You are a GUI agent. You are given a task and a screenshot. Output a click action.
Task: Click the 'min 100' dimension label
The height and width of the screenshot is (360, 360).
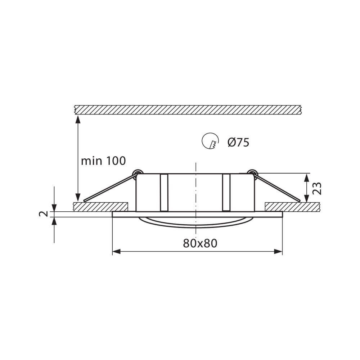pos(103,161)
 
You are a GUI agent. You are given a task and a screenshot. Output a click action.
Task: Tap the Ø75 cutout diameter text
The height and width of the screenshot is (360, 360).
pos(238,143)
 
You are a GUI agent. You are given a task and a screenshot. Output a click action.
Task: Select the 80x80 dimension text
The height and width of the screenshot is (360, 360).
pos(200,243)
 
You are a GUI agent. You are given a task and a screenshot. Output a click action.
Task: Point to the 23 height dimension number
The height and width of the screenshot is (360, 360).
pos(317,188)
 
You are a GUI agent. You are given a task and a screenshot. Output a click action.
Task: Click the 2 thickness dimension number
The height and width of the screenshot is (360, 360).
pos(44,214)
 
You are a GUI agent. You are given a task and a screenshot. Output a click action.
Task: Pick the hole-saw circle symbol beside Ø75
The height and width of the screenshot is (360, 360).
pos(210,141)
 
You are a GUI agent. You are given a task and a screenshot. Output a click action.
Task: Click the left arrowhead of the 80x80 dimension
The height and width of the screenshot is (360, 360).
pos(116,252)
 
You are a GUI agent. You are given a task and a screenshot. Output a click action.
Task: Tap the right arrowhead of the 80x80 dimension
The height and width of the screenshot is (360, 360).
pos(278,252)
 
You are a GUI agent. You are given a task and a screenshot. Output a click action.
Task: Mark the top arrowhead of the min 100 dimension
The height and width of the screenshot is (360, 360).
pos(78,120)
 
